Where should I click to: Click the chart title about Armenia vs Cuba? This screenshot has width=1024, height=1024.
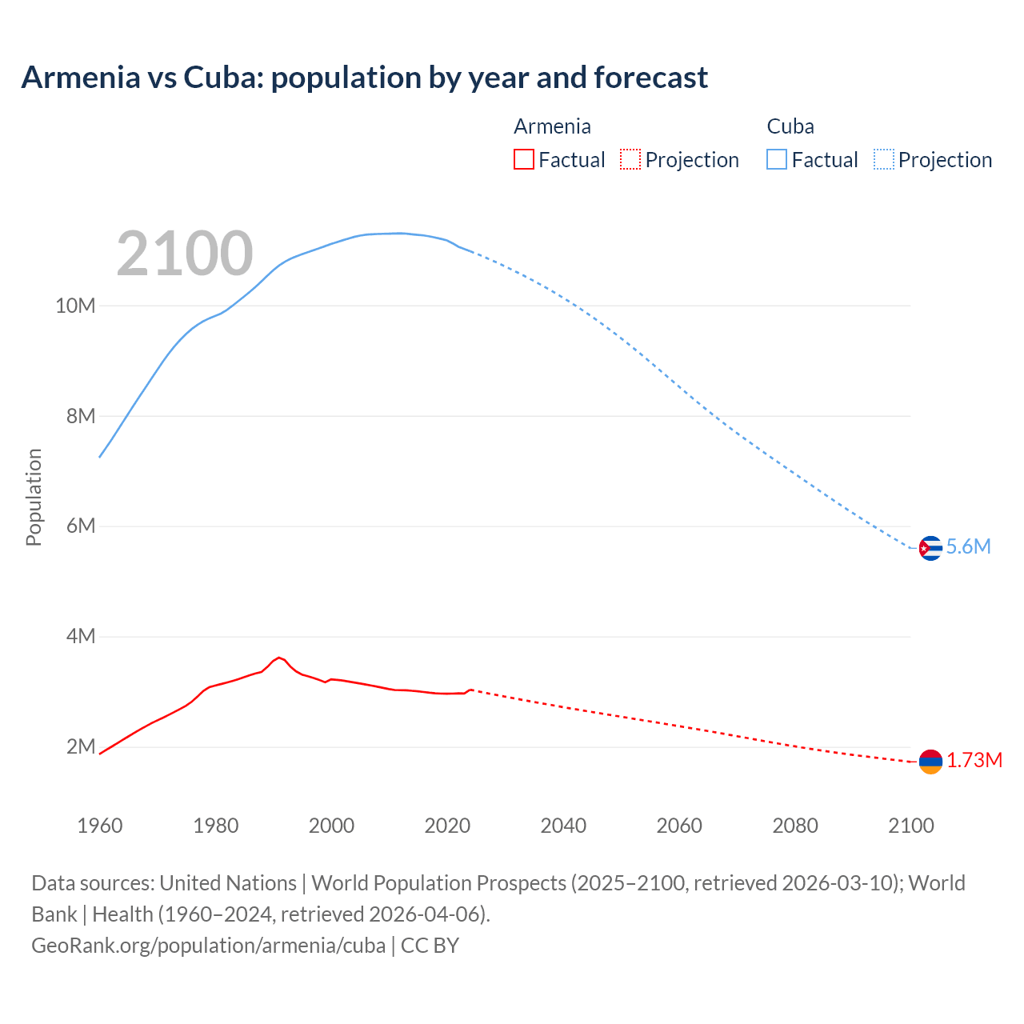click(x=364, y=78)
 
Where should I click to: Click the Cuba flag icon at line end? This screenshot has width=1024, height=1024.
click(x=930, y=548)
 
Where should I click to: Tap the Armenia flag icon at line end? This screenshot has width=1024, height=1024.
click(x=930, y=762)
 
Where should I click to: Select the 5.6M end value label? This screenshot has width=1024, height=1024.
click(x=968, y=546)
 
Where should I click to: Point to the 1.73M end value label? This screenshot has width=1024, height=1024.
click(x=974, y=760)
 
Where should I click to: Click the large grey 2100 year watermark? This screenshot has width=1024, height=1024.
click(x=185, y=254)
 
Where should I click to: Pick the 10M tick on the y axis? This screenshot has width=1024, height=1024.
click(x=75, y=306)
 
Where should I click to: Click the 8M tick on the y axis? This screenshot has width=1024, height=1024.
click(x=81, y=416)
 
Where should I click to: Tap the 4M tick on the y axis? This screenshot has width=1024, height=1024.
click(x=81, y=637)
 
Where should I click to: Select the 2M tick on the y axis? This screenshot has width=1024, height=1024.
click(x=81, y=747)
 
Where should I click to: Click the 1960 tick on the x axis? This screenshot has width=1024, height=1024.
click(x=100, y=826)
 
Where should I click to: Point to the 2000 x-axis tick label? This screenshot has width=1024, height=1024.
click(x=331, y=826)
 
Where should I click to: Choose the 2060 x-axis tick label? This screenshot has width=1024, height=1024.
click(x=679, y=826)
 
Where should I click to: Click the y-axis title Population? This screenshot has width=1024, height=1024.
click(x=34, y=497)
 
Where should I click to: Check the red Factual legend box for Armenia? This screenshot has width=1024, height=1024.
click(x=524, y=159)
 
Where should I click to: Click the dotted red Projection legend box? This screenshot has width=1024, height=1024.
click(x=630, y=159)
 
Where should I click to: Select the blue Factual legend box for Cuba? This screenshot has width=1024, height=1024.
click(x=777, y=159)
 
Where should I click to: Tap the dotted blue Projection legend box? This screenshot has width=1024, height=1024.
click(x=884, y=159)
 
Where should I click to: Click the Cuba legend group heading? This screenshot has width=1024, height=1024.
click(x=790, y=126)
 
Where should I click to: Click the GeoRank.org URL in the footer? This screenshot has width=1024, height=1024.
click(x=208, y=945)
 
